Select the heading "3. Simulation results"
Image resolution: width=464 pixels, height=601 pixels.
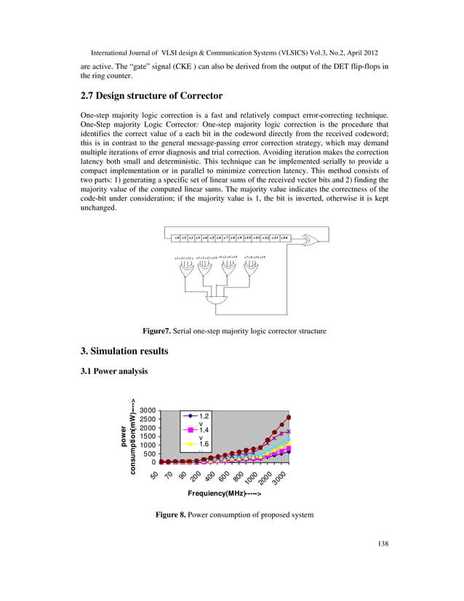click(124, 351)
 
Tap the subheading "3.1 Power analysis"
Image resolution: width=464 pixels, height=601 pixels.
click(113, 371)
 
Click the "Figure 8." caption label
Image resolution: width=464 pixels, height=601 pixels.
click(171, 515)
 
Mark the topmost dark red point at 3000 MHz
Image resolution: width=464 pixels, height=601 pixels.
click(289, 418)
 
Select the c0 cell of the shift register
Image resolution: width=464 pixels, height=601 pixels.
click(177, 238)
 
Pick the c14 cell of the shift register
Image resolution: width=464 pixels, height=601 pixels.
click(285, 238)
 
